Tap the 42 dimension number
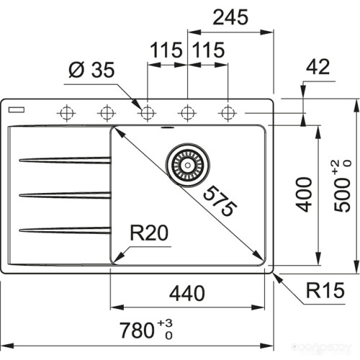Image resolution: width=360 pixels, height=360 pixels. (317, 68)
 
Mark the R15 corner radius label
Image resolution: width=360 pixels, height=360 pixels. (321, 291)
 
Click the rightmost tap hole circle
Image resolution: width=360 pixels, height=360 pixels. (228, 112)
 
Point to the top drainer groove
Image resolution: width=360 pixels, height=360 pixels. (65, 160)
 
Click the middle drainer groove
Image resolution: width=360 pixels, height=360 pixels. (65, 194)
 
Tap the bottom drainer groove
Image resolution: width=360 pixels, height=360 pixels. (65, 230)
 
